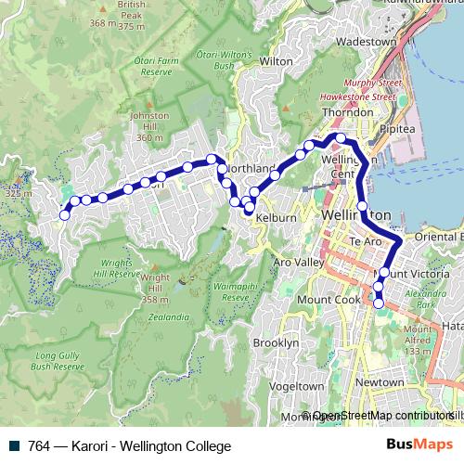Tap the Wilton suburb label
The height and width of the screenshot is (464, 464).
276,61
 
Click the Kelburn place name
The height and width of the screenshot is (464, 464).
277,218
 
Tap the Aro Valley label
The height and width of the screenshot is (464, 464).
298,263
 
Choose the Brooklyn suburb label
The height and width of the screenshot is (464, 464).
277,342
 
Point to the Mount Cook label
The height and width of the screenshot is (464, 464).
328,301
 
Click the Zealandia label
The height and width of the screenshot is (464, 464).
167,316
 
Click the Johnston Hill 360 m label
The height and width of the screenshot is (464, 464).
150,126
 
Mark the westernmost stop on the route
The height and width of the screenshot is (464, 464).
64,215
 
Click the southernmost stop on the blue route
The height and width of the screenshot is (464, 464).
379,303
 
